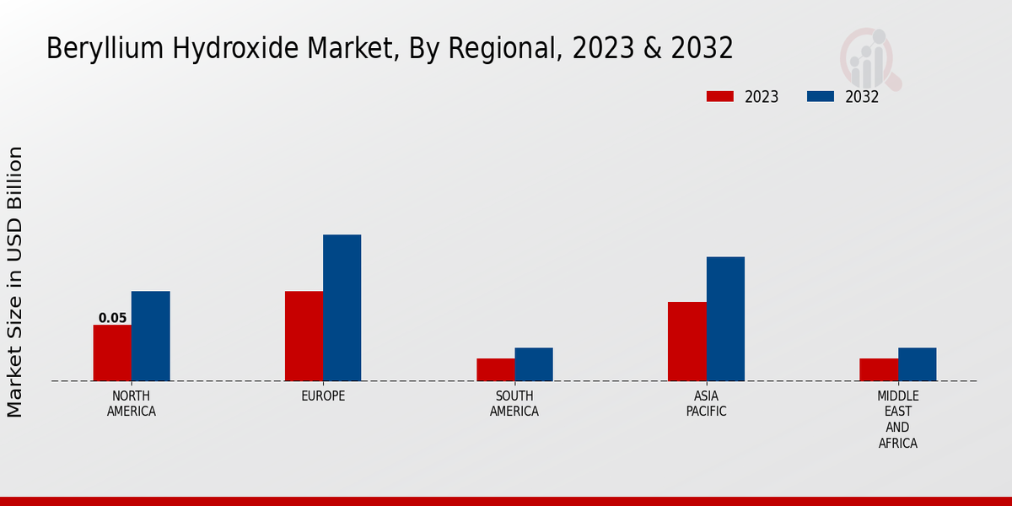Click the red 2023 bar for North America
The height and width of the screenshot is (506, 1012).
click(112, 353)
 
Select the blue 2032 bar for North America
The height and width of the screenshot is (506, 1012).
click(150, 336)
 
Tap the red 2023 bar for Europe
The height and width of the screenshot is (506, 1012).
click(304, 336)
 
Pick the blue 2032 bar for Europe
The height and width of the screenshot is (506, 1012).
click(342, 308)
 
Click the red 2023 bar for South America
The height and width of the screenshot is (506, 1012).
click(495, 369)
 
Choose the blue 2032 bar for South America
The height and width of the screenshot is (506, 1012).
click(534, 364)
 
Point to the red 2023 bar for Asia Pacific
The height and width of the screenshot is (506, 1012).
click(686, 342)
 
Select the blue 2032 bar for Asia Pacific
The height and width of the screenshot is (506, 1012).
click(725, 319)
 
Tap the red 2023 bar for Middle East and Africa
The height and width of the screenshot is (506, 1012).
click(879, 369)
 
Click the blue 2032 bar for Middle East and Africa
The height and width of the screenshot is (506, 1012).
click(917, 364)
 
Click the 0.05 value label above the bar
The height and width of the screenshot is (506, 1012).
click(112, 318)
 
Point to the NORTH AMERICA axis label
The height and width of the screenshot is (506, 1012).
click(132, 403)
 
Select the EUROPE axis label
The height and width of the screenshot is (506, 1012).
click(323, 396)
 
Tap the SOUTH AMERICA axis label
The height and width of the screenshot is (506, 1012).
click(514, 403)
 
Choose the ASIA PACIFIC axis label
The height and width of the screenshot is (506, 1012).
click(706, 403)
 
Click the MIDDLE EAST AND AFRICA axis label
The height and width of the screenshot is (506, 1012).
click(897, 419)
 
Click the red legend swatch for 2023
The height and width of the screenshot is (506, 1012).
click(720, 96)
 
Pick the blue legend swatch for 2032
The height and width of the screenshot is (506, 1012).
click(821, 96)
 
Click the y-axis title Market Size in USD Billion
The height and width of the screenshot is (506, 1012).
click(15, 282)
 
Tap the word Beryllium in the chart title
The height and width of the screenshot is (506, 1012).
click(97, 49)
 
